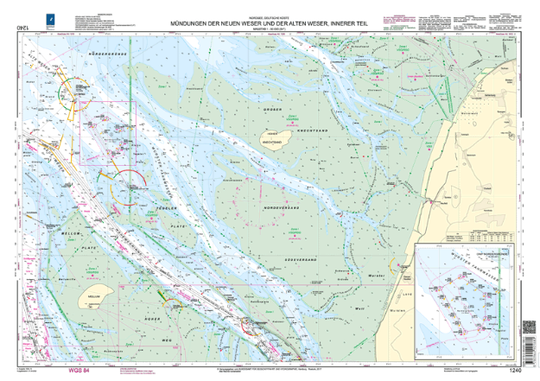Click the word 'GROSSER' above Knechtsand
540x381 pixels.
tap(272, 118)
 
